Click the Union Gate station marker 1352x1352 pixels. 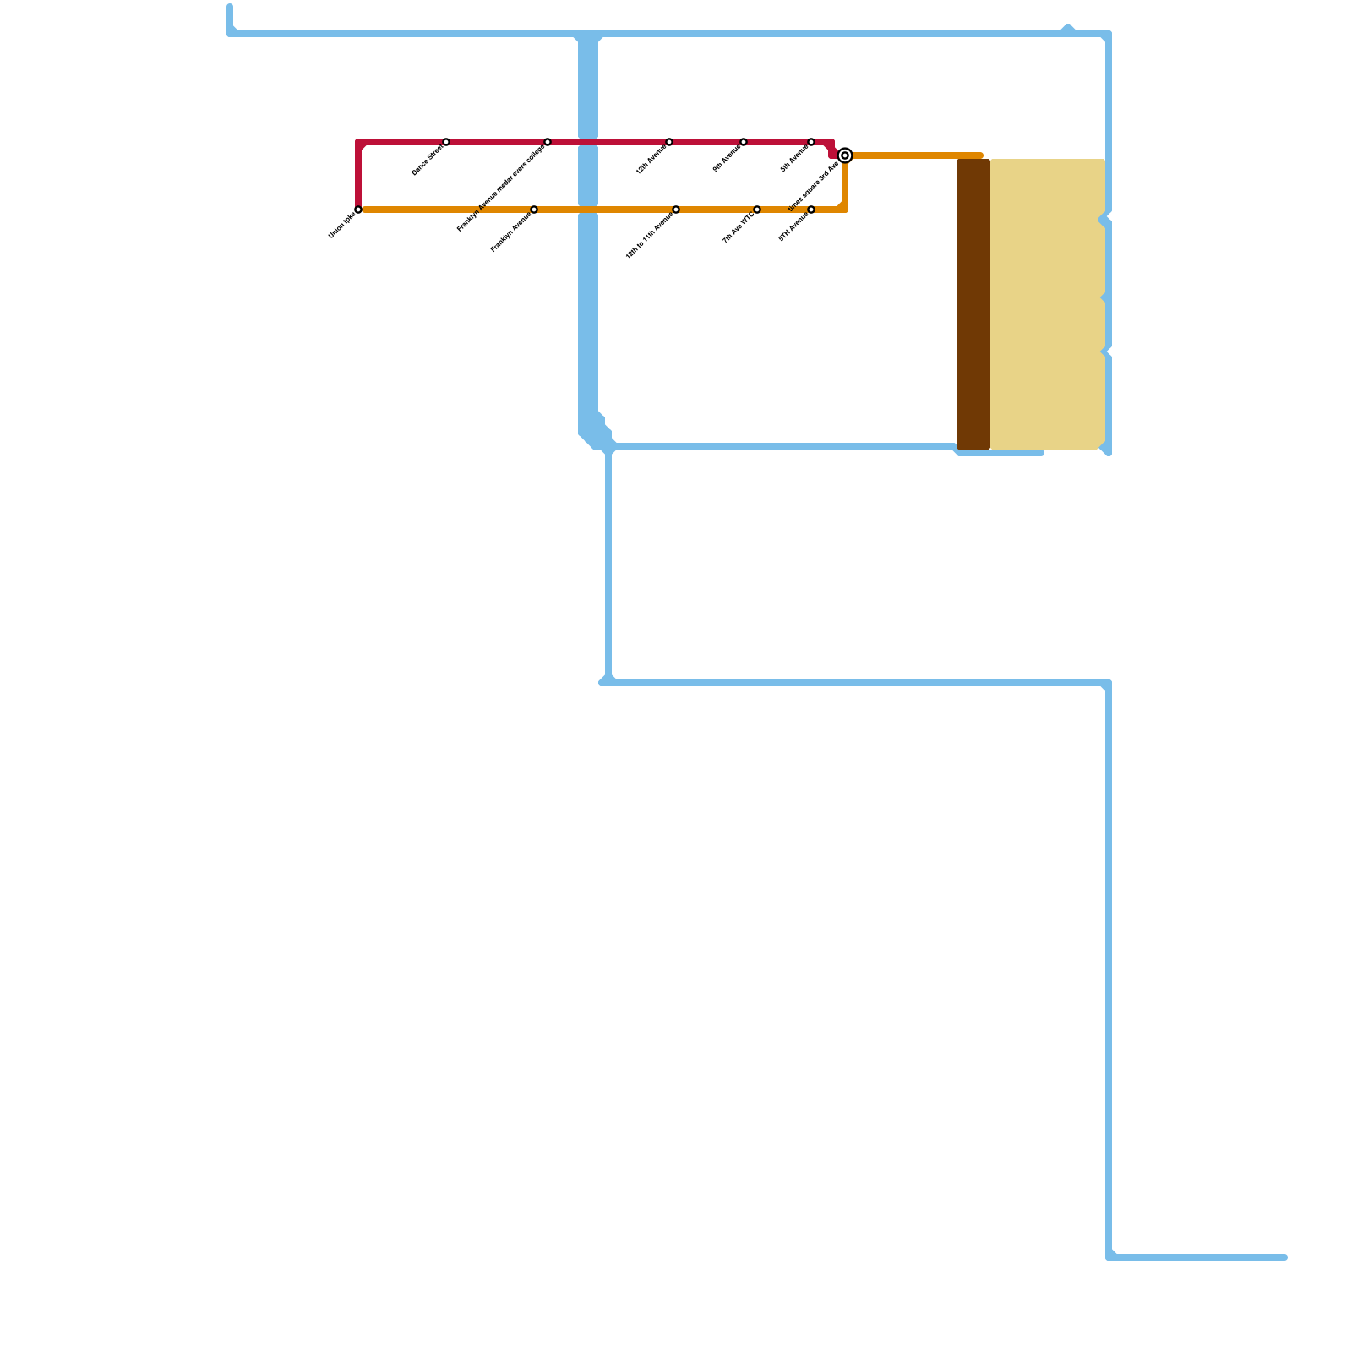[x=358, y=210]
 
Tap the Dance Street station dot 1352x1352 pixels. [x=446, y=142]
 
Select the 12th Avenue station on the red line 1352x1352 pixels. [x=669, y=142]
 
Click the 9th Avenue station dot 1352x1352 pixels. [x=744, y=142]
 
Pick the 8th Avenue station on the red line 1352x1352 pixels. [x=811, y=142]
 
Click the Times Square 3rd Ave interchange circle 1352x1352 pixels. [x=845, y=155]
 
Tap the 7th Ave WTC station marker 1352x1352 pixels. [x=757, y=210]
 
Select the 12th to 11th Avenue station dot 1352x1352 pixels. [x=676, y=210]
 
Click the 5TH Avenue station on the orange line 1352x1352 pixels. [x=811, y=210]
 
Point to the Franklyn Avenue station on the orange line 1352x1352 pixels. [x=534, y=210]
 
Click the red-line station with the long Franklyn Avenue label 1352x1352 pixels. [x=548, y=142]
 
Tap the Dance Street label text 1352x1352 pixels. [x=428, y=161]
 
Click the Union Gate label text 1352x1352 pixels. [x=341, y=226]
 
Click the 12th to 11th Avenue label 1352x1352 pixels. [x=650, y=236]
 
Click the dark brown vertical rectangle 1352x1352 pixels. [x=973, y=304]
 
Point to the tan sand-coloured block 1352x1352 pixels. [x=1048, y=304]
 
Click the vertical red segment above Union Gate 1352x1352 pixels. [x=358, y=176]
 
